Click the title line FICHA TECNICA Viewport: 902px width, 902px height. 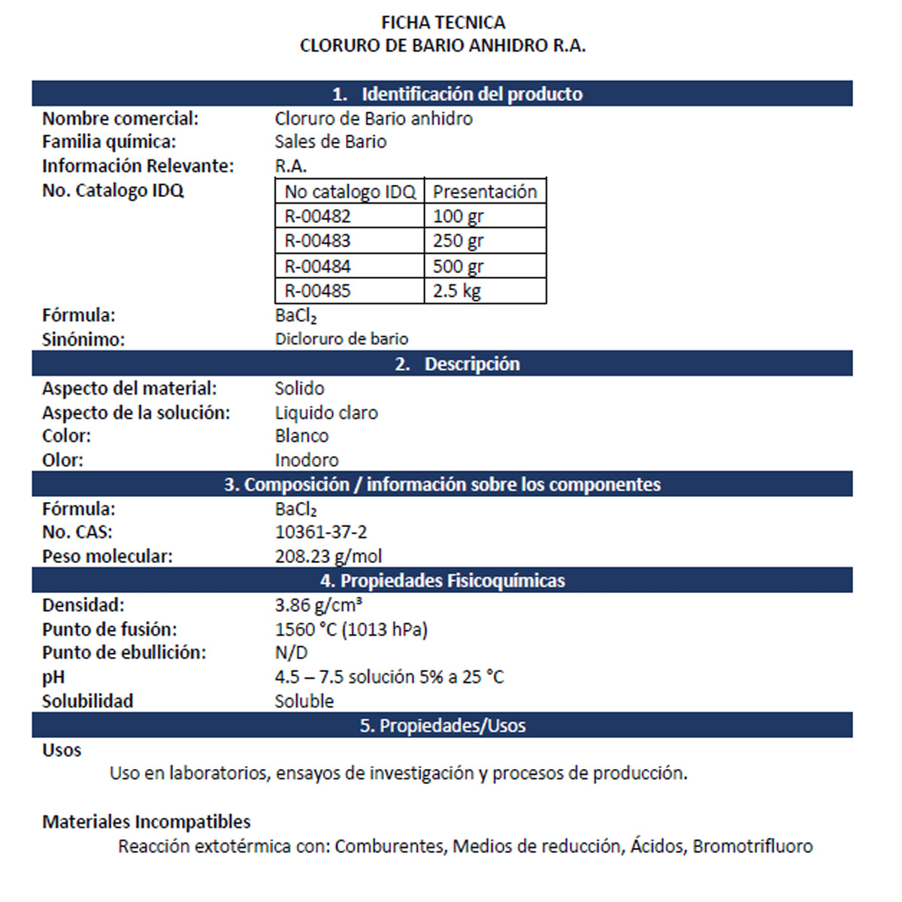click(443, 23)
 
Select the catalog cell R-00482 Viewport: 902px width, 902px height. click(317, 216)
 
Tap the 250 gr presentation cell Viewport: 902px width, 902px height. click(458, 241)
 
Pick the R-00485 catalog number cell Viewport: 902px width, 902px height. click(317, 291)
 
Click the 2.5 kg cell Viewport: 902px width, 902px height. click(456, 291)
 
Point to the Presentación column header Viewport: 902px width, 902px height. click(485, 192)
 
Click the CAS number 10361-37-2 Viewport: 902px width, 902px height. click(321, 532)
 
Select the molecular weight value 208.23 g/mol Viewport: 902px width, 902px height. click(328, 556)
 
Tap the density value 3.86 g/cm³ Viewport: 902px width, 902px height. click(319, 605)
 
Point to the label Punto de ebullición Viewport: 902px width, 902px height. click(124, 652)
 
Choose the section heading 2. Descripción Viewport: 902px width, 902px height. click(457, 364)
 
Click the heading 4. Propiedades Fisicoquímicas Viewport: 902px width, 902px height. click(442, 580)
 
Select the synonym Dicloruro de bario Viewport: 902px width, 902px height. click(341, 339)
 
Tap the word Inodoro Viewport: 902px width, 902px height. click(307, 460)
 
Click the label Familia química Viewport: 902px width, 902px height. click(109, 141)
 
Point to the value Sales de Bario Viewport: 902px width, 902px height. click(331, 141)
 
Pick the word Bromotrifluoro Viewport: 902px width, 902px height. click(752, 846)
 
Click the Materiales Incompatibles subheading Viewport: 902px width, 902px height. click(147, 822)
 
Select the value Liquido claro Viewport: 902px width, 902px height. click(326, 413)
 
